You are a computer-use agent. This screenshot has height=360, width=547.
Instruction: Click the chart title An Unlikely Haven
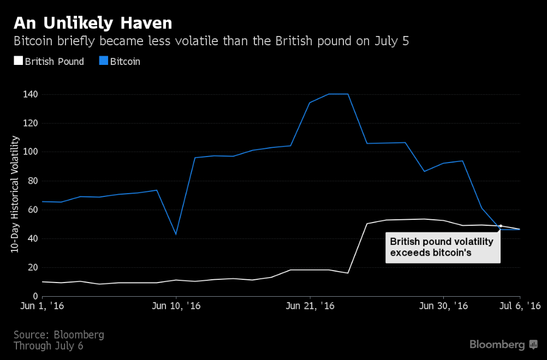coord(93,23)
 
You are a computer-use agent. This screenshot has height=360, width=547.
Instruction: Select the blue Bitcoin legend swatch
coord(103,62)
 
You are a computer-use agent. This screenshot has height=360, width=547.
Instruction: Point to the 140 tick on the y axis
coord(30,94)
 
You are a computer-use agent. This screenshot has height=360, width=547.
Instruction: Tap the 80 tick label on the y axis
coord(32,181)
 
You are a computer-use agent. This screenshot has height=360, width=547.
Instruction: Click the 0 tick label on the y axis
coord(34,296)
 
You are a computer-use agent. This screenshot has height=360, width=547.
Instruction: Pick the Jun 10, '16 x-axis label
coord(176,307)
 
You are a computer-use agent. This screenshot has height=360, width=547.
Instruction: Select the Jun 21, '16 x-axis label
coord(310,307)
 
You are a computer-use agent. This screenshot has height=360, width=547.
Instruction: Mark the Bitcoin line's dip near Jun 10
coord(176,234)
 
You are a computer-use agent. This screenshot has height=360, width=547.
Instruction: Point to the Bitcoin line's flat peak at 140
coord(338,94)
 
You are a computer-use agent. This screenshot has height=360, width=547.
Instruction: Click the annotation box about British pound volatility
coord(443,248)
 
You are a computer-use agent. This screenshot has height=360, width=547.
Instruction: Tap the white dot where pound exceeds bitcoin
coord(501,226)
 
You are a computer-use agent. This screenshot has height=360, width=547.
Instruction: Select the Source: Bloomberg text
coord(58,334)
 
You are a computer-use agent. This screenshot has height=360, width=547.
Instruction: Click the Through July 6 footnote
coord(48,346)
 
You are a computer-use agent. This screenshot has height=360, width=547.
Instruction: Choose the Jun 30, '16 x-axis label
coord(443,307)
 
